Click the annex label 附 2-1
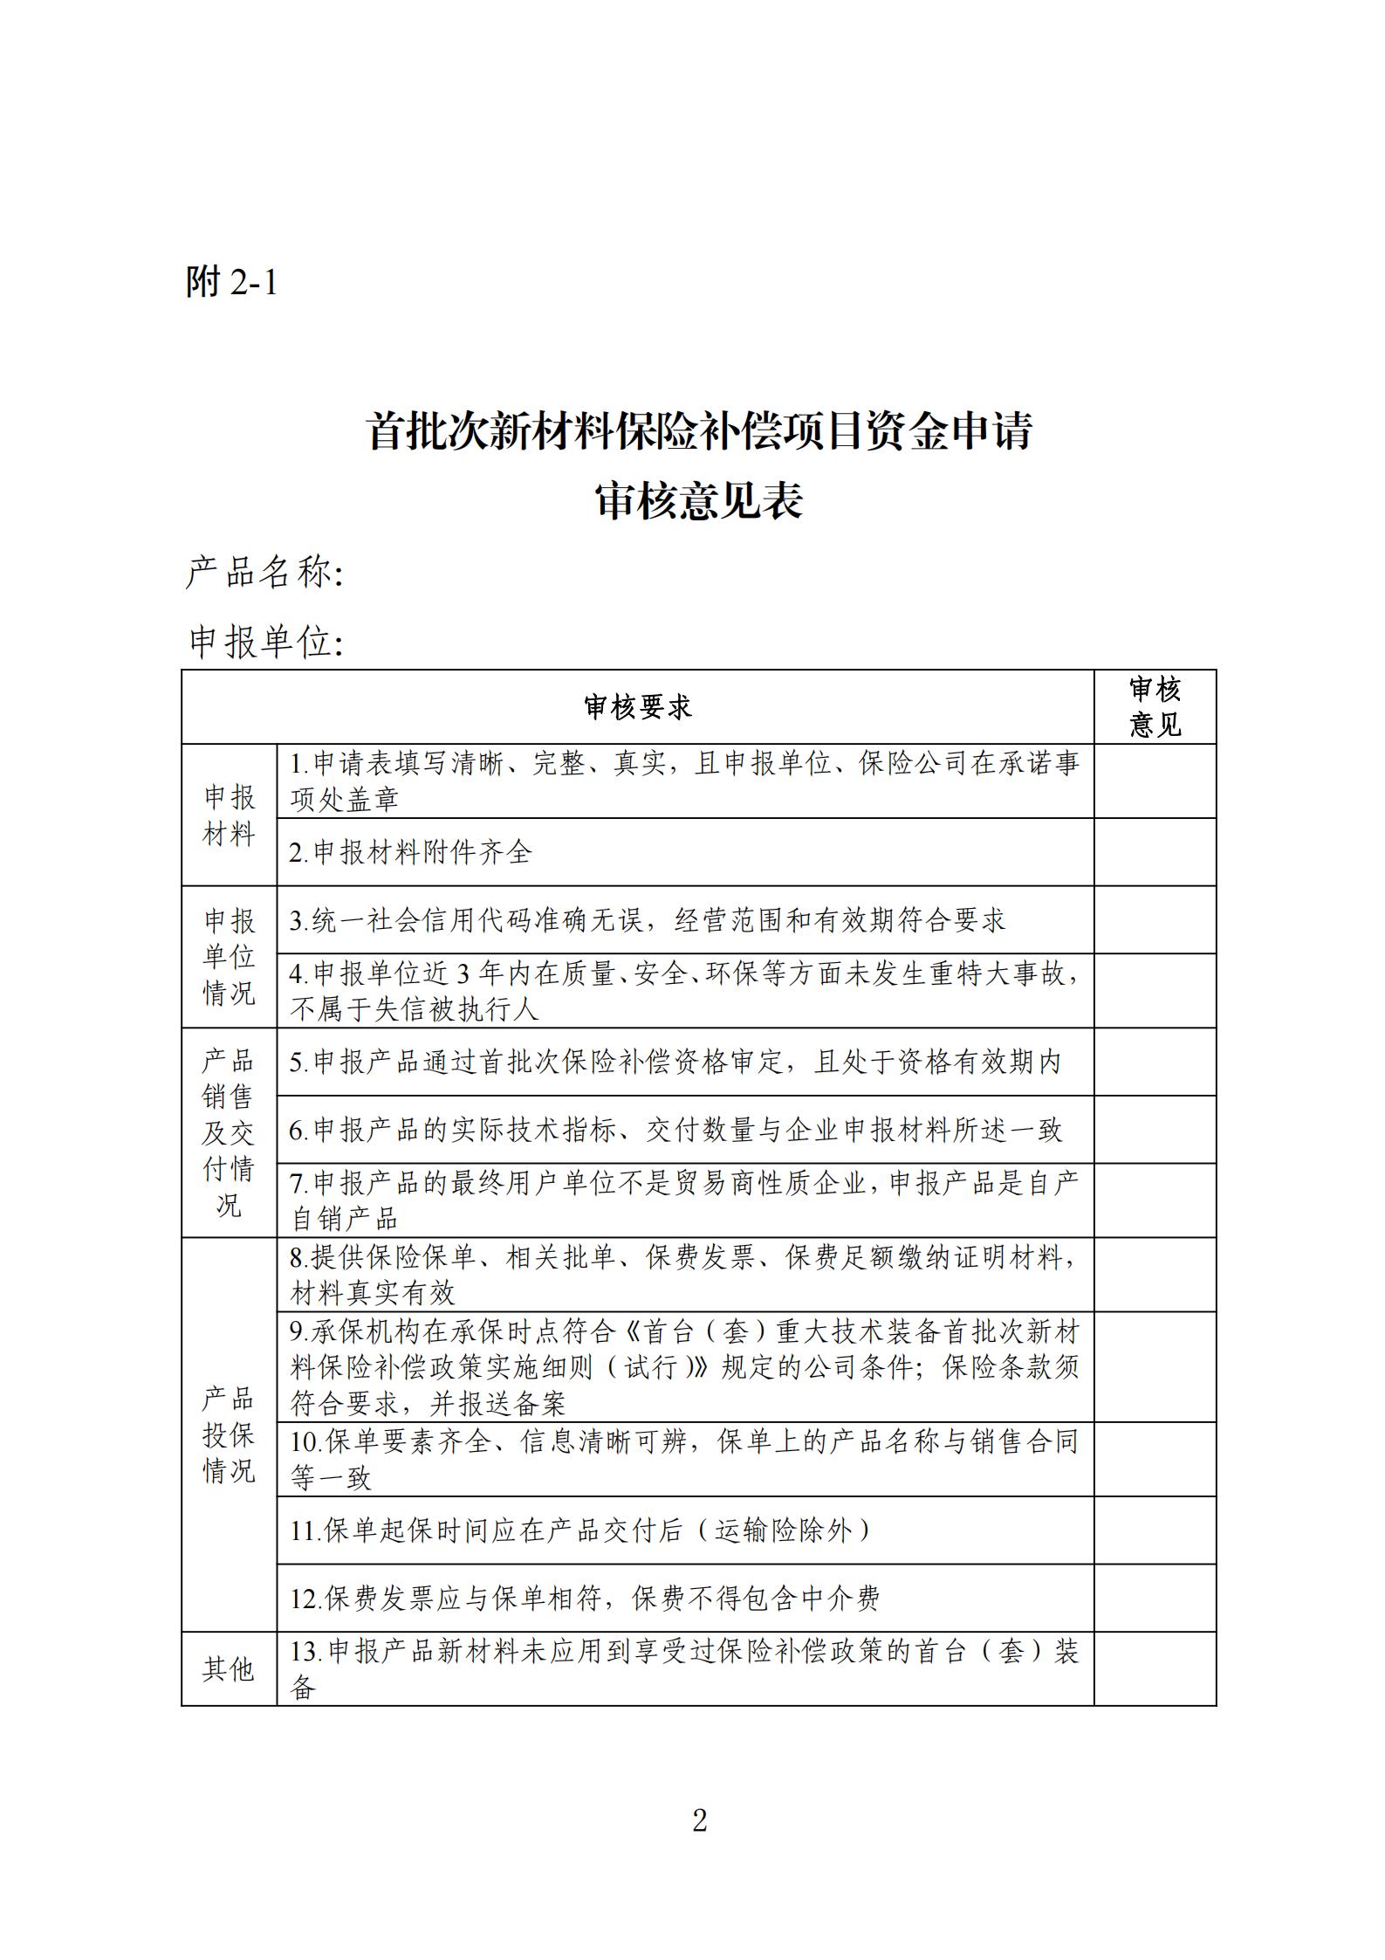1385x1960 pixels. point(231,282)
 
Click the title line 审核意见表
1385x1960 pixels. point(698,502)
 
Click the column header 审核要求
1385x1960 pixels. point(637,708)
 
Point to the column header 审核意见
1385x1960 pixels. point(1155,707)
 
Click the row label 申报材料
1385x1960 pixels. point(229,815)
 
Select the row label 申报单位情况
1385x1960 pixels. point(229,957)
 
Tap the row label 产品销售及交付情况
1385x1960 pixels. point(229,1132)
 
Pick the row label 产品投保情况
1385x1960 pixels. point(229,1434)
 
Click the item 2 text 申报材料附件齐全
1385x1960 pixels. point(410,853)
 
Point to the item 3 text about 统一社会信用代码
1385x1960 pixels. point(648,920)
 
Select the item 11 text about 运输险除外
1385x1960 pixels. point(580,1530)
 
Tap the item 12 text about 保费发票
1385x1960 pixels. point(585,1599)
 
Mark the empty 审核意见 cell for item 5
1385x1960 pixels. point(1155,1062)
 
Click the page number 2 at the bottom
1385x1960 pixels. point(699,1821)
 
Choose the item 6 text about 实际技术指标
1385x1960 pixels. point(675,1130)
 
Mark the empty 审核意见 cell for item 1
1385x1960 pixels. point(1155,781)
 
